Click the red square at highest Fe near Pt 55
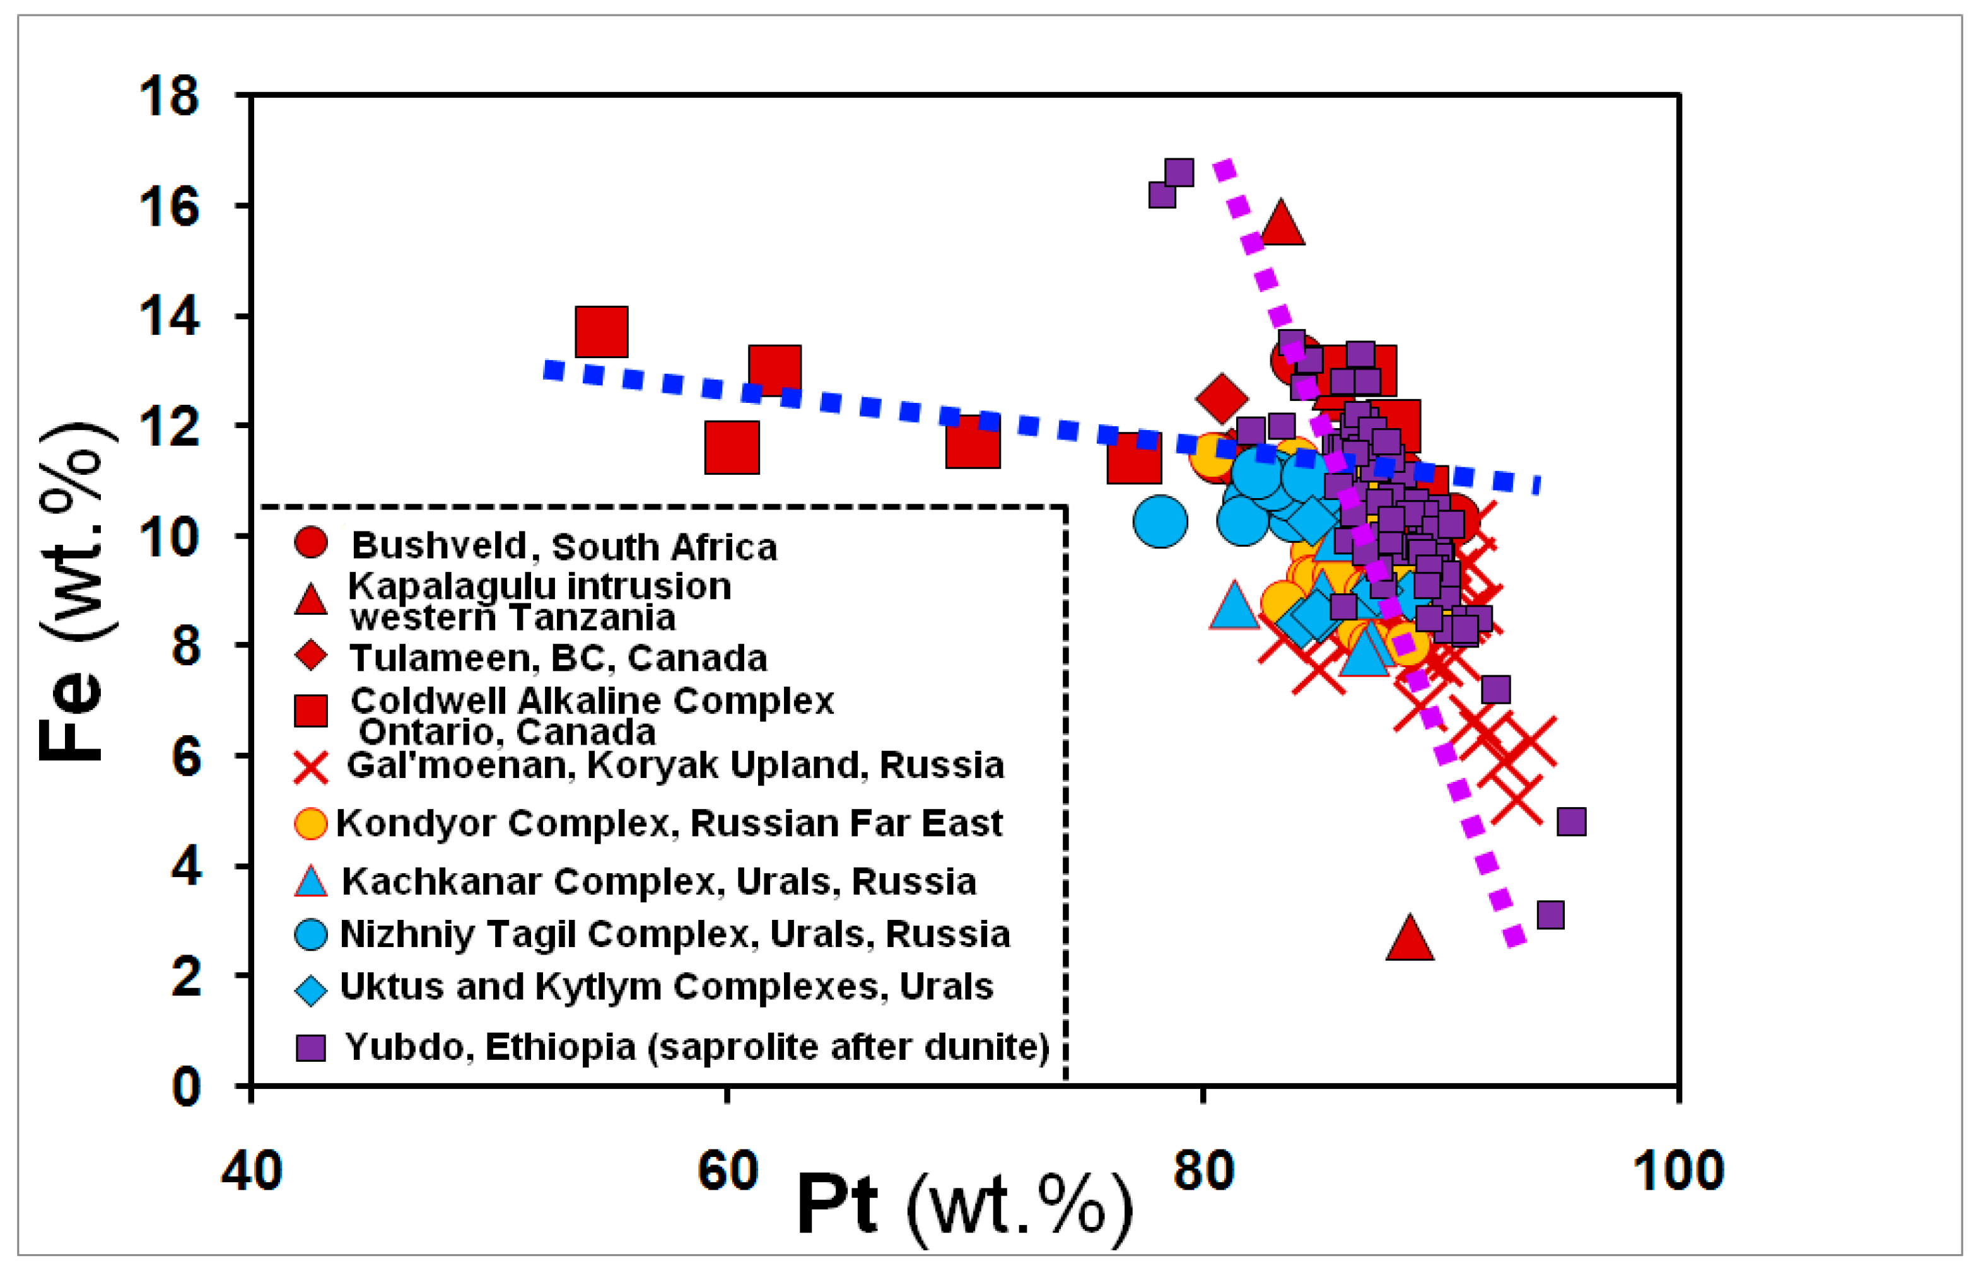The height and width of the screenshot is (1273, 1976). (601, 332)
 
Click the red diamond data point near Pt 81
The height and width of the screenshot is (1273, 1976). (1222, 398)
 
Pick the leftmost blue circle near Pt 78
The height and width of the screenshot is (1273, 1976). (1160, 521)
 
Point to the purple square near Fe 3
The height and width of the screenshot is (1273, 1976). (1550, 915)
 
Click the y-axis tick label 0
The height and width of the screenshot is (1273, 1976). (185, 1087)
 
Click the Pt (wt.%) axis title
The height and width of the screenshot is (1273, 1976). (963, 1207)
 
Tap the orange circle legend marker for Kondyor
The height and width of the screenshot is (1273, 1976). (311, 823)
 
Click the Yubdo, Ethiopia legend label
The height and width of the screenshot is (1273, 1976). (697, 1047)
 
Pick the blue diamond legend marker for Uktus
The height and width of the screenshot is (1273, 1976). (311, 989)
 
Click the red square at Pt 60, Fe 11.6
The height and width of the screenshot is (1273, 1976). (732, 447)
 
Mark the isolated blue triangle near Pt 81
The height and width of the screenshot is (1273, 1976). (1234, 606)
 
